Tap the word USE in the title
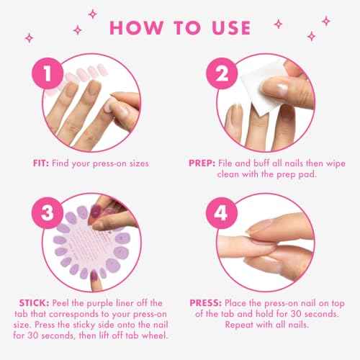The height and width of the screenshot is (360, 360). point(225,28)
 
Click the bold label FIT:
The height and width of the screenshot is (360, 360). point(44,163)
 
